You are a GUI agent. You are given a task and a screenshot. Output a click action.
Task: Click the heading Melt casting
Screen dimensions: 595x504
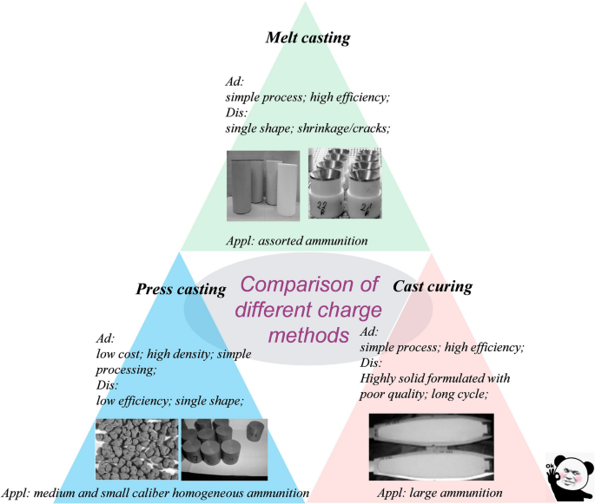point(307,37)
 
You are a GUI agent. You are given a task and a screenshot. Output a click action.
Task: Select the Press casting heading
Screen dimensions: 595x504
point(181,289)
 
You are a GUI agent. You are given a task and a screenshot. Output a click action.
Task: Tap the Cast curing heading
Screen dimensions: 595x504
point(433,286)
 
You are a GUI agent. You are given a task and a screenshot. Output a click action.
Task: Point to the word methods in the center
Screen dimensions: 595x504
point(308,335)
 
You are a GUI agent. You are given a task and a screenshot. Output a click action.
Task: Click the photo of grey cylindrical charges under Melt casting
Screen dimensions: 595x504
point(263,186)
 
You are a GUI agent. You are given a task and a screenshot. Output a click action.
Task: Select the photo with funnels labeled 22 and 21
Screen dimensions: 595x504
point(345,183)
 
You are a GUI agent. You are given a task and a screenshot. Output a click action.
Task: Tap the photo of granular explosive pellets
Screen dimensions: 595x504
point(136,449)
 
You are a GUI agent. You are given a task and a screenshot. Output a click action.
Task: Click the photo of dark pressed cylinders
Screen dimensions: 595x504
point(225,449)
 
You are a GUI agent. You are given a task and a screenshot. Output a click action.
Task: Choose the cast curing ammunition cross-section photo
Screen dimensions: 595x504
point(432,447)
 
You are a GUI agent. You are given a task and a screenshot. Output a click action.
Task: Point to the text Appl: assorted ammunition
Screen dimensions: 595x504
point(297,241)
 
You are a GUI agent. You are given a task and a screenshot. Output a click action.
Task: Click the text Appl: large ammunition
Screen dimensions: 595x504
point(440,493)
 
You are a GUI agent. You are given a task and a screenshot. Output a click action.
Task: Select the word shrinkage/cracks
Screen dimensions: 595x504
point(344,128)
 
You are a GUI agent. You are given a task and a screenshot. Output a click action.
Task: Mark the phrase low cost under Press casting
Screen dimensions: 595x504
point(118,354)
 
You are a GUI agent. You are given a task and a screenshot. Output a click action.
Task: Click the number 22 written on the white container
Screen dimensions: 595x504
point(321,206)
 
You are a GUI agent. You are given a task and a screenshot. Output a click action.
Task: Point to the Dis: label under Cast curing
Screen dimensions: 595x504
point(371,363)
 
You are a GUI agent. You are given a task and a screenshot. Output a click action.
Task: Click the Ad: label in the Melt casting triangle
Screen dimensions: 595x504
point(235,82)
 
